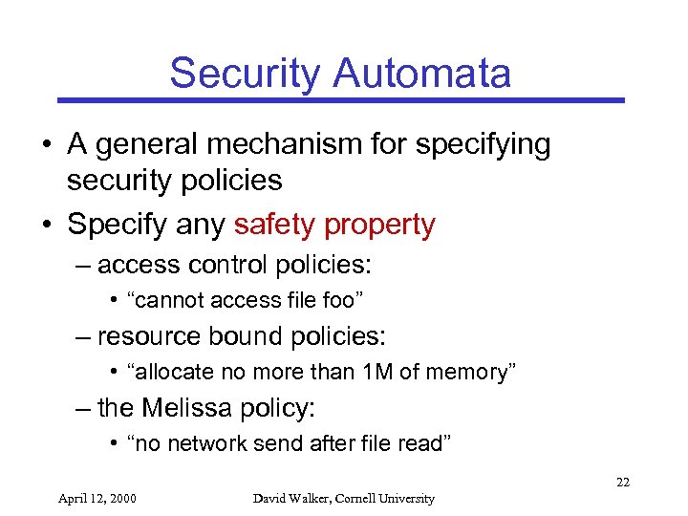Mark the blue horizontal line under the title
point(340,99)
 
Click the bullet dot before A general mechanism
point(46,145)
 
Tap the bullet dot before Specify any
point(46,226)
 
